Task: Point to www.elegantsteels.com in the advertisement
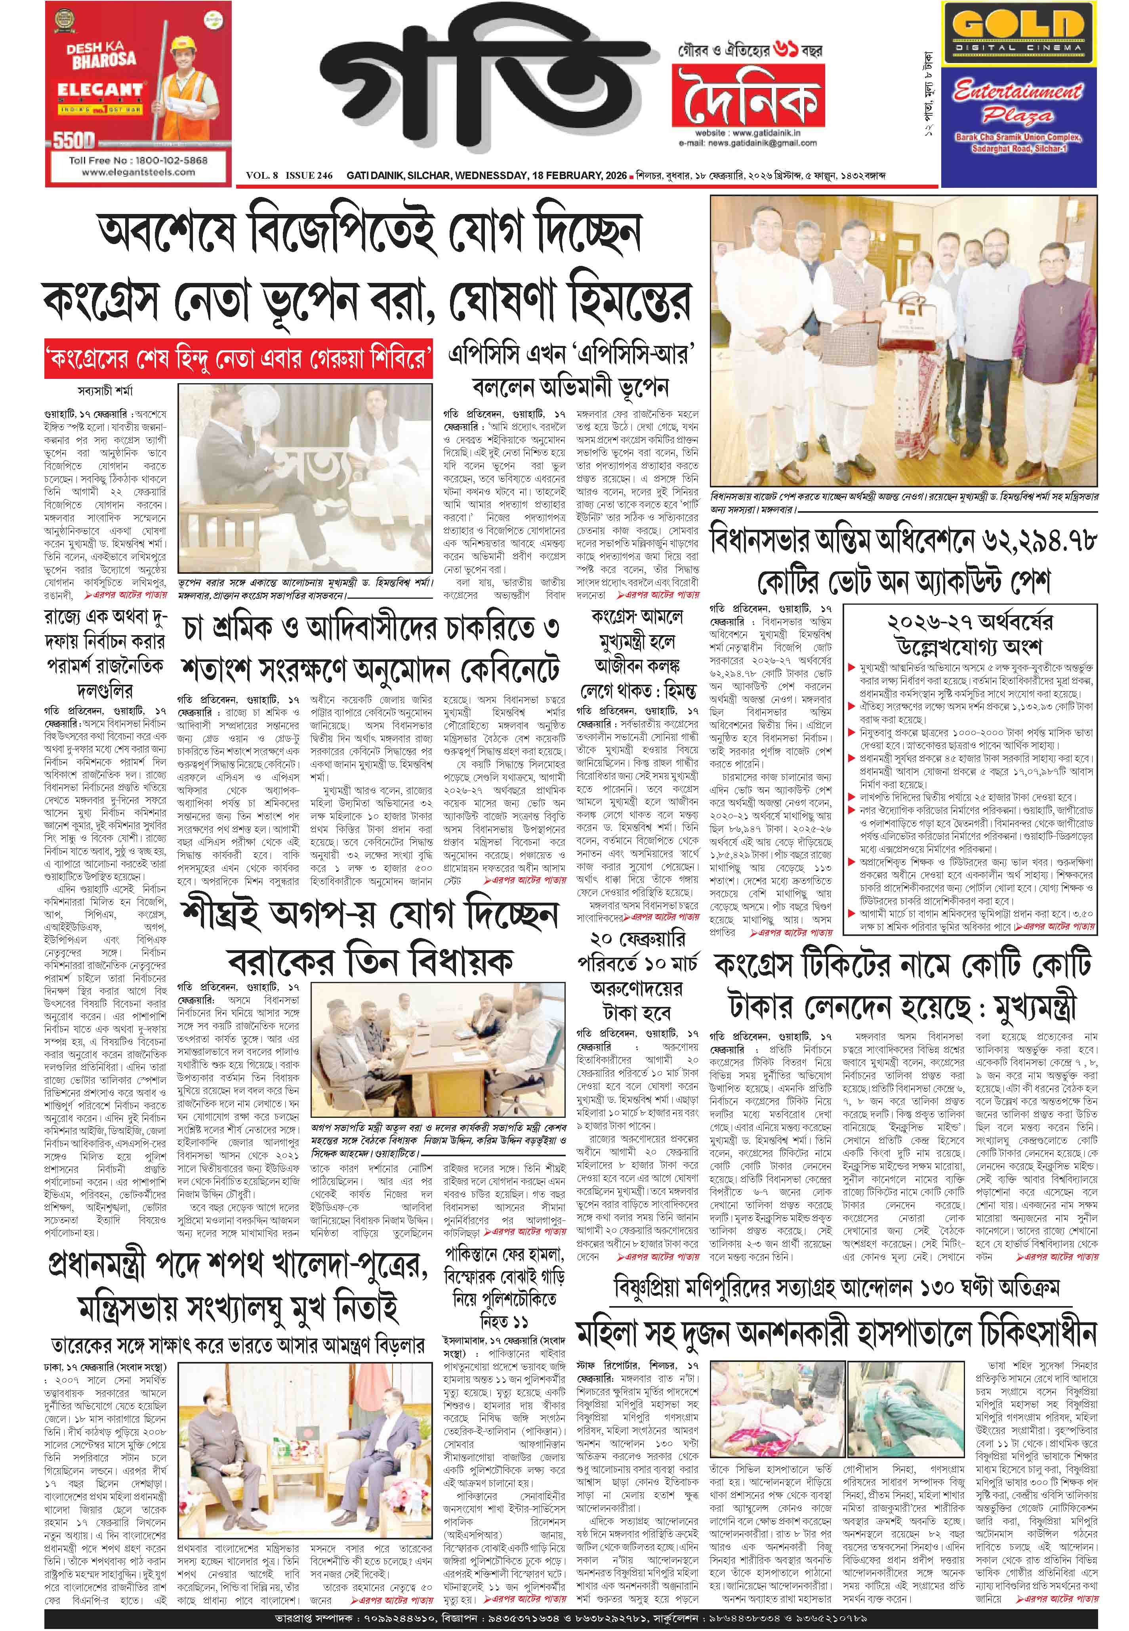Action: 138,172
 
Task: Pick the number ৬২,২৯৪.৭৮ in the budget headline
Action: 1038,543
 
